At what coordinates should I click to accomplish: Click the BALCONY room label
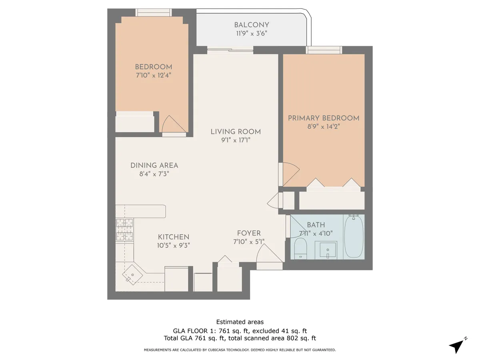[252, 25]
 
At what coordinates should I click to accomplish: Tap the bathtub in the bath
[354, 236]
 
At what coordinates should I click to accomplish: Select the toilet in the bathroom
[300, 248]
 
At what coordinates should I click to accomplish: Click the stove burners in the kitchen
[124, 230]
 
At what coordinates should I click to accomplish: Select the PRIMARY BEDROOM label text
[324, 118]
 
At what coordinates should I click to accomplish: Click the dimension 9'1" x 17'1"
[236, 140]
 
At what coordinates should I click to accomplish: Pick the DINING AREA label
[154, 165]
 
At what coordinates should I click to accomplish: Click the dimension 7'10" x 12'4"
[153, 75]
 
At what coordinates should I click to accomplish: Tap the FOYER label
[248, 233]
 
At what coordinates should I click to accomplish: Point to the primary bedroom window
[324, 50]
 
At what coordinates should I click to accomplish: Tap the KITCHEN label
[173, 237]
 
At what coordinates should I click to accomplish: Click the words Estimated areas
[240, 322]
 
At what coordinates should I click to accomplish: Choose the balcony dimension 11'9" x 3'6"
[252, 34]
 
